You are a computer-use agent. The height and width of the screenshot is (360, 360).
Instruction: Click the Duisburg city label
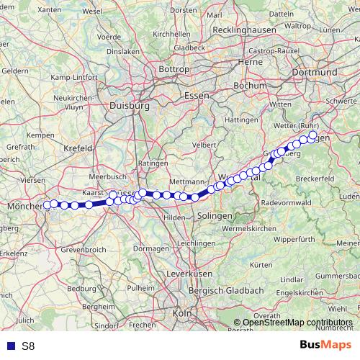[x=129, y=105]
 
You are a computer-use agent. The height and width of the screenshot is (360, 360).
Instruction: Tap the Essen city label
[x=196, y=96]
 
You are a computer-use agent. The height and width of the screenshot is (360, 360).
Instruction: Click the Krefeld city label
[x=78, y=148]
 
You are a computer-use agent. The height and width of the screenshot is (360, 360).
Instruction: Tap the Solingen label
[x=215, y=217]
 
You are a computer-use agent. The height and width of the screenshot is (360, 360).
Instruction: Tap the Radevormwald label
[x=287, y=204]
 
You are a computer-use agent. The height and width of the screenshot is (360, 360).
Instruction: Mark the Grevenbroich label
[x=84, y=249]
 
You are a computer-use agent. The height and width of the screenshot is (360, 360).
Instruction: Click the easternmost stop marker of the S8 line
[x=312, y=135]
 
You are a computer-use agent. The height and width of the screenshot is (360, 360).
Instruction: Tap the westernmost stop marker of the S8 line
[x=47, y=204]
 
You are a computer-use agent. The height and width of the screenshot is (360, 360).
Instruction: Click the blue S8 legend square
[x=11, y=346]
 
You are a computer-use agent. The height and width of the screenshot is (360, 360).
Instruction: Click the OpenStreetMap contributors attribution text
[x=293, y=323]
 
